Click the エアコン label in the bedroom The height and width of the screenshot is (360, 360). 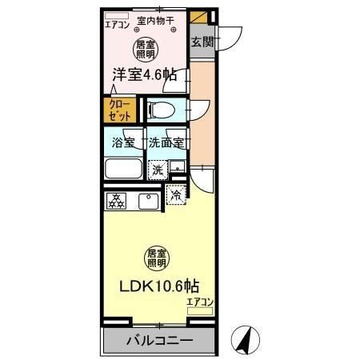click(x=118, y=25)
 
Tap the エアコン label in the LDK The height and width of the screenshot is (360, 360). click(x=201, y=301)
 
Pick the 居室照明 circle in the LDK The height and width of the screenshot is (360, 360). click(x=157, y=257)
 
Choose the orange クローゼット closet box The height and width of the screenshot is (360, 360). click(x=120, y=109)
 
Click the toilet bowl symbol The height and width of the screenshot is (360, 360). click(x=160, y=110)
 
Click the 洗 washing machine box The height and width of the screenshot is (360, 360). click(x=158, y=169)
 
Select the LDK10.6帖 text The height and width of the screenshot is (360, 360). click(x=159, y=286)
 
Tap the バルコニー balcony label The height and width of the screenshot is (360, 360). click(x=158, y=340)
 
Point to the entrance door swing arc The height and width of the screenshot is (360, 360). click(x=232, y=38)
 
